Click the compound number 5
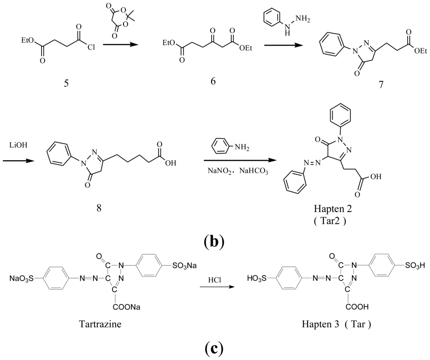[66, 83]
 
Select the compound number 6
[213, 80]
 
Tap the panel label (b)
[214, 241]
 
